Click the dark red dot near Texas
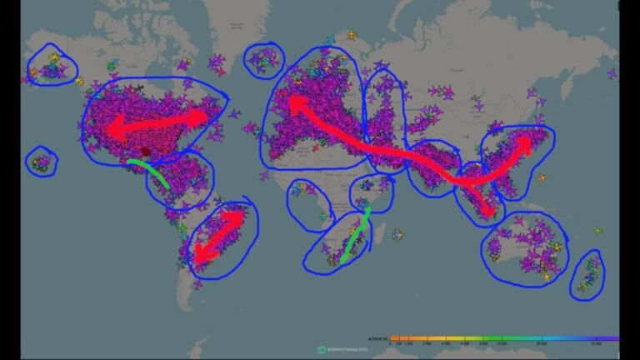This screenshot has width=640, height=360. pyautogui.click(x=146, y=152)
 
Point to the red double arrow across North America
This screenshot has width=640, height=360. pyautogui.click(x=157, y=122)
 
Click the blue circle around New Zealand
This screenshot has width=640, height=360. pyautogui.click(x=588, y=274)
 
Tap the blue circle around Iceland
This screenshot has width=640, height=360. pyautogui.click(x=264, y=58)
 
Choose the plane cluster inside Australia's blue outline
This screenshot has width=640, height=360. pyautogui.click(x=525, y=246)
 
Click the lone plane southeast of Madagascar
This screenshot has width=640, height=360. pyautogui.click(x=400, y=235)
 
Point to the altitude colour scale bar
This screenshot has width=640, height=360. pyautogui.click(x=504, y=337)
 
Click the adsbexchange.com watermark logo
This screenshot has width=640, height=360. pyautogui.click(x=322, y=349)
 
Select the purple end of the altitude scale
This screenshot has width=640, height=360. pyautogui.click(x=614, y=337)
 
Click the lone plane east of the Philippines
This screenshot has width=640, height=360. pyautogui.click(x=542, y=178)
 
